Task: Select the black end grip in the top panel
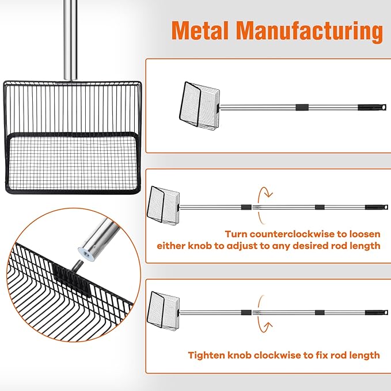tap(369, 108)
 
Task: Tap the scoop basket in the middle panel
tap(164, 206)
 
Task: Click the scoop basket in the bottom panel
tap(164, 312)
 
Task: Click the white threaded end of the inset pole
tap(85, 252)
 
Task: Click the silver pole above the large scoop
tap(70, 40)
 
